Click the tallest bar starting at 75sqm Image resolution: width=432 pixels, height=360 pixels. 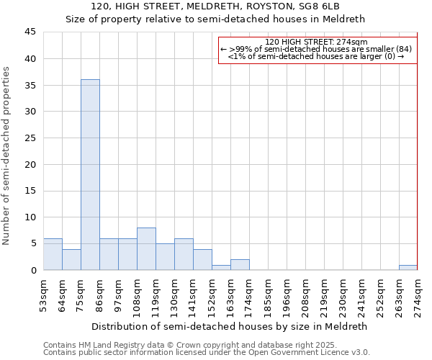90,174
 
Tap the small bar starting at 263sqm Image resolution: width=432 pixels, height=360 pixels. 408,268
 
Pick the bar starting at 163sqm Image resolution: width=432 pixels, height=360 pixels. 240,264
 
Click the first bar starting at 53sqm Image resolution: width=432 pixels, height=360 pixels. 53,254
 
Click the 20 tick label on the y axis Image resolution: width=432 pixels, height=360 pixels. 30,164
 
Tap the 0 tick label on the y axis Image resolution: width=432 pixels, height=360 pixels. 33,270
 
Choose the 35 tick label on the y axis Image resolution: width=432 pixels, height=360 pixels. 30,85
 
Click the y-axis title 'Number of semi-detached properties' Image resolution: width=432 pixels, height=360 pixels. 6,156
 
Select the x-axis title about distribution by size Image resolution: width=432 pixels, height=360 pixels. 230,326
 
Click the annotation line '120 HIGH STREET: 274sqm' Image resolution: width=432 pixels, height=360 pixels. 316,42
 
